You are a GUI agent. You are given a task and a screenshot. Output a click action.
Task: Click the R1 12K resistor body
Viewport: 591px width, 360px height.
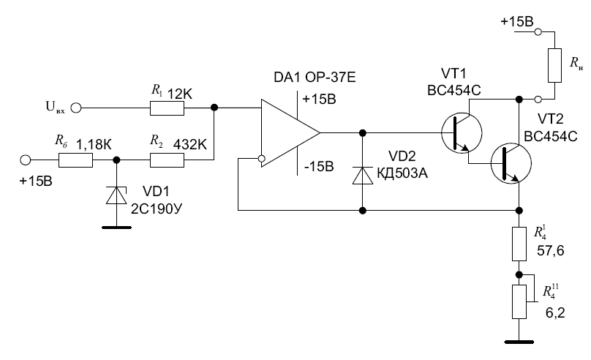point(167,108)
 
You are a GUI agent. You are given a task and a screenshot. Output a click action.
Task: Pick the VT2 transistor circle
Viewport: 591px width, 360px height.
point(510,163)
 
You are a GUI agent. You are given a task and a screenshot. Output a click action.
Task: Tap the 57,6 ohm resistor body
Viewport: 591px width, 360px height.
point(518,244)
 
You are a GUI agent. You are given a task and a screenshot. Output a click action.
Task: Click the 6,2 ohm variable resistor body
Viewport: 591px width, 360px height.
point(518,300)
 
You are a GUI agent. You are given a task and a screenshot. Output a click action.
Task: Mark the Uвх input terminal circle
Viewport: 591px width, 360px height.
point(75,108)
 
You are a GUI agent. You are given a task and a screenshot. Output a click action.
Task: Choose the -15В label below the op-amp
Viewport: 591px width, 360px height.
point(319,167)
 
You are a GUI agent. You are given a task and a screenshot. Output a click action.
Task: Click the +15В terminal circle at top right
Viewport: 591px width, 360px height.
point(538,32)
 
